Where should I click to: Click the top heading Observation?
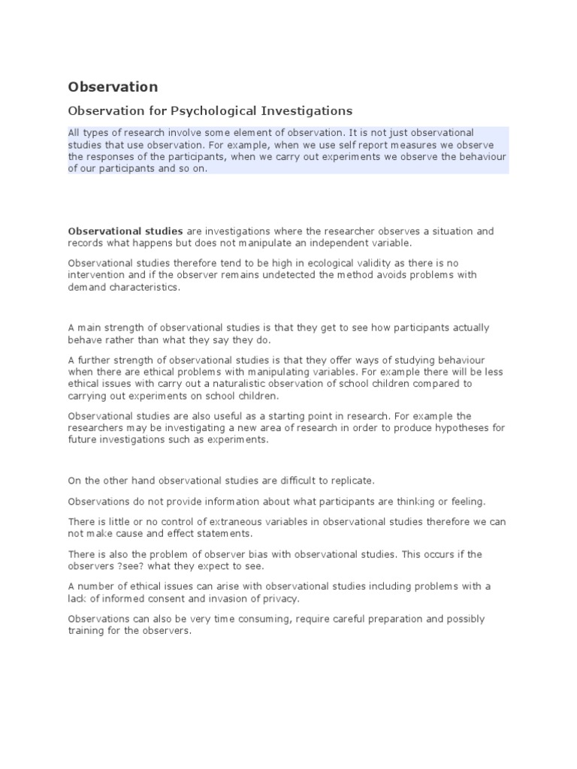point(113,86)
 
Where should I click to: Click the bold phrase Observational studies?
point(115,231)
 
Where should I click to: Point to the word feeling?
point(468,500)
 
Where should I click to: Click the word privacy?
point(279,598)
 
